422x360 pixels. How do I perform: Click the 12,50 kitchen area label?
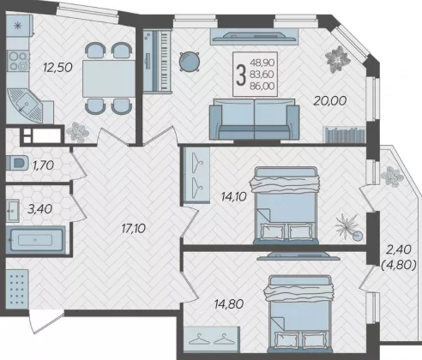pos(57,68)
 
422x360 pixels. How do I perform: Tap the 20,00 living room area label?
pos(330,100)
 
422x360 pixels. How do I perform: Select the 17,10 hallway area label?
pos(133,228)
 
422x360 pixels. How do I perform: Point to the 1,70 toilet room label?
pos(43,165)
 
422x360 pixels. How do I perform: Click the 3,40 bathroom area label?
pos(39,209)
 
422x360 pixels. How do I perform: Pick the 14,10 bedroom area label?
pos(233,196)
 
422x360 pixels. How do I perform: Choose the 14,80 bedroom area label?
pos(229,304)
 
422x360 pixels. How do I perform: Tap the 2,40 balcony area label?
pos(399,249)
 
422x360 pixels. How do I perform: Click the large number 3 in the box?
pos(241,75)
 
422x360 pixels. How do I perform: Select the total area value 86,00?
pos(262,86)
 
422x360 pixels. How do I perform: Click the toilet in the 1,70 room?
pos(17,163)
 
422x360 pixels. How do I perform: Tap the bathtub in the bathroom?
pos(35,240)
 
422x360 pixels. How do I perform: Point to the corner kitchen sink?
pos(25,105)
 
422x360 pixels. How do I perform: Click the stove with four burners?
pos(18,61)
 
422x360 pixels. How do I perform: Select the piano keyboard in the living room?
pos(157,61)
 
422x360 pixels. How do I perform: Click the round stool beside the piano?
pos(189,61)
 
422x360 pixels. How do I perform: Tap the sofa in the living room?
pos(254,119)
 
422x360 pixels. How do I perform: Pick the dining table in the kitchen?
pos(109,79)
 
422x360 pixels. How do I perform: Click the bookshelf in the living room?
pos(345,135)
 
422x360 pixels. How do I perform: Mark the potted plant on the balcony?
pos(392,176)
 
